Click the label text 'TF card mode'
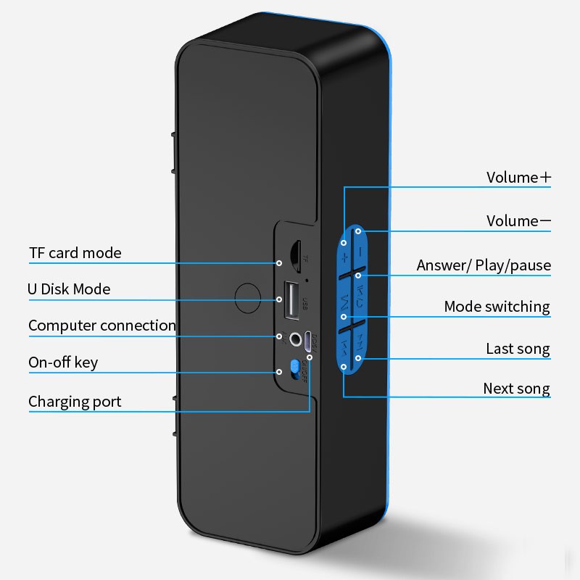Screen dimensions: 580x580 [x=75, y=253]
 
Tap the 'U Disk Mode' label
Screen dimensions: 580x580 [x=69, y=289]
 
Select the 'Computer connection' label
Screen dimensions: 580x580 [x=101, y=326]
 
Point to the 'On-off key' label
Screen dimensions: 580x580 [x=63, y=362]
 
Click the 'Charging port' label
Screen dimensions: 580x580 [x=75, y=402]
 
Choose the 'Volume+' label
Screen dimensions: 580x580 [x=518, y=178]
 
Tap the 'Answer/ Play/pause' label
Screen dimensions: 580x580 [x=484, y=265]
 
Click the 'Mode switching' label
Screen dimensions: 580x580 [x=497, y=307]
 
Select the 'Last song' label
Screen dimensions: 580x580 [x=518, y=349]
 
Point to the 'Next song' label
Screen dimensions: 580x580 [x=516, y=389]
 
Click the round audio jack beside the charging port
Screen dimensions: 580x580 [x=296, y=338]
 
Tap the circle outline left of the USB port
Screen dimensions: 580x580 [x=249, y=297]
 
